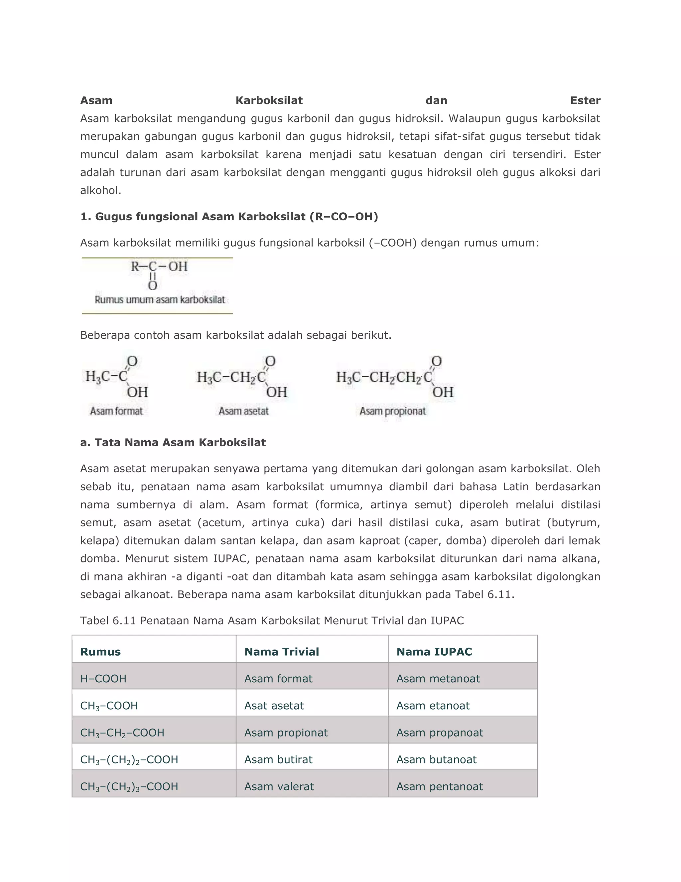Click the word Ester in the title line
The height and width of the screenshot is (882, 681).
click(x=585, y=100)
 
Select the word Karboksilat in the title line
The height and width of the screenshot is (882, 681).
click(x=269, y=100)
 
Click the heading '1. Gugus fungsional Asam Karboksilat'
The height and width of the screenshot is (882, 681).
click(x=229, y=217)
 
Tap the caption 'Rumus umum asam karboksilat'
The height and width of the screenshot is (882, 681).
click(x=160, y=300)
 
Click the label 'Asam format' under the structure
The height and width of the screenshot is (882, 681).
click(x=116, y=411)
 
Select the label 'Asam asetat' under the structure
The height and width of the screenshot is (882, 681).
click(x=243, y=411)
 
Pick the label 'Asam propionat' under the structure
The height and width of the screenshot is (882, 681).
click(x=393, y=411)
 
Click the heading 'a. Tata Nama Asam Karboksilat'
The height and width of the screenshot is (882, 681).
click(x=173, y=443)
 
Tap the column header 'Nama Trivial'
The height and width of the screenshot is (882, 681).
click(x=282, y=652)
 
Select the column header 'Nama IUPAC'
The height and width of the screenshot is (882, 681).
click(x=434, y=652)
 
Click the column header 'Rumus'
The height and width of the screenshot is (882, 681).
click(x=100, y=652)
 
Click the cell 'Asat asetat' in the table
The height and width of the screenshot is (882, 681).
click(x=274, y=706)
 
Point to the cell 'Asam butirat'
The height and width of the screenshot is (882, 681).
click(x=278, y=760)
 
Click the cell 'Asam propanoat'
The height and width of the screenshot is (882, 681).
click(x=440, y=733)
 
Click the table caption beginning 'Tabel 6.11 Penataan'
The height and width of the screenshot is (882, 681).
click(x=272, y=621)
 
